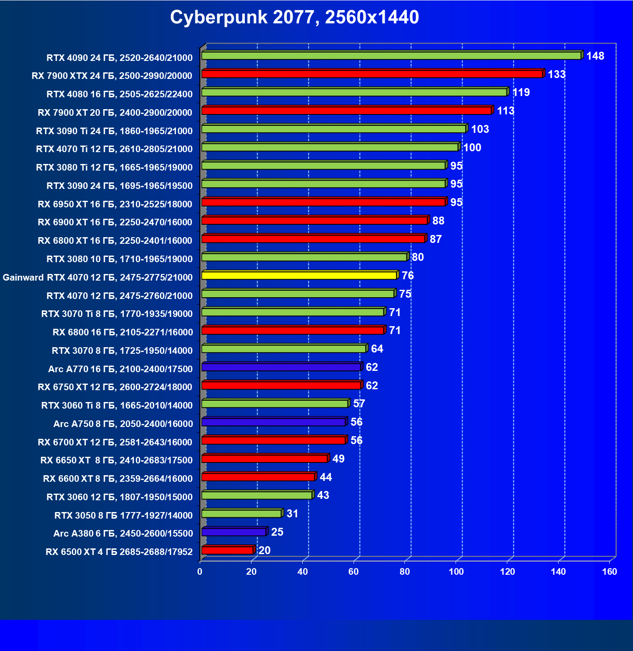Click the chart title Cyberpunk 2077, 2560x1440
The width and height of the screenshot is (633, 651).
click(x=294, y=18)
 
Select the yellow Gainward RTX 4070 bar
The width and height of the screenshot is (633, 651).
click(x=299, y=276)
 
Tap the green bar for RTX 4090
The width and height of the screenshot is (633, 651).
click(x=391, y=56)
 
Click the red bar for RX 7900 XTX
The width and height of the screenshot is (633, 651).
click(x=372, y=74)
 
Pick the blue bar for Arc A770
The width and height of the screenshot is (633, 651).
click(x=281, y=367)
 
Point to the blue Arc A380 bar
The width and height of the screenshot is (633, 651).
click(x=234, y=532)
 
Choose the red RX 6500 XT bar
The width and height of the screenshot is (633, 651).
click(x=227, y=551)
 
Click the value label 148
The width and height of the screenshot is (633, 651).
click(x=595, y=56)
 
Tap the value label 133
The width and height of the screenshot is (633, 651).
click(x=557, y=75)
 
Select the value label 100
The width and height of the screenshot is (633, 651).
click(x=472, y=148)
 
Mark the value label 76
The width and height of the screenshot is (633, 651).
click(x=408, y=276)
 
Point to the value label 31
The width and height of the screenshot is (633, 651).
click(x=292, y=514)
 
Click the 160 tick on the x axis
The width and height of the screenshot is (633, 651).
click(x=609, y=572)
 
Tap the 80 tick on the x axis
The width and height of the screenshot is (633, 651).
click(x=405, y=572)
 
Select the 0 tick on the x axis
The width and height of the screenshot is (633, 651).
click(x=200, y=572)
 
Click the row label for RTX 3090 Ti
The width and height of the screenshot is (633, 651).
click(x=114, y=131)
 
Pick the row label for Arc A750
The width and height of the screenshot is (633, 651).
click(x=123, y=424)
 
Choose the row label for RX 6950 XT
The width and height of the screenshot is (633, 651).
click(x=115, y=204)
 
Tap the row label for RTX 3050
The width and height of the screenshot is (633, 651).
click(x=124, y=516)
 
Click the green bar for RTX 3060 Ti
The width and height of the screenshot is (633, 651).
click(x=275, y=404)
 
